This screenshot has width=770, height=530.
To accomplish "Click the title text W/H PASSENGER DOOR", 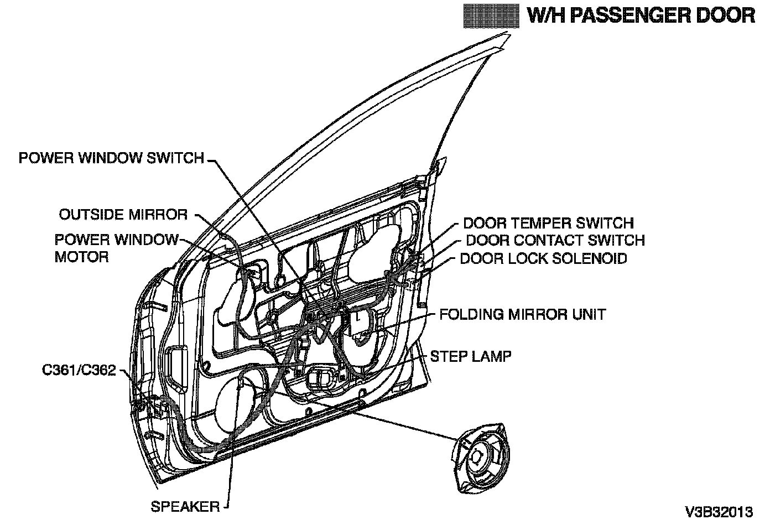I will click(641, 15).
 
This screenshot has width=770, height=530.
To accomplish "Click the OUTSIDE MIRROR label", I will click(123, 214).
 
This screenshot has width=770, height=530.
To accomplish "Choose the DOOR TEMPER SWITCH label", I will click(548, 223).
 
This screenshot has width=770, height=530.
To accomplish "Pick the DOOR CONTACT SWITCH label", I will click(555, 240).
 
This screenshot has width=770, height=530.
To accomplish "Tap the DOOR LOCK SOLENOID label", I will click(544, 258).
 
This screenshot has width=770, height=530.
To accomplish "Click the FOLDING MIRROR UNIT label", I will click(522, 314).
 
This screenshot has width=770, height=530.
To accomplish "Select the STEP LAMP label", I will click(471, 356).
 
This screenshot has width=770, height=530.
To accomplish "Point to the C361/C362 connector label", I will click(79, 370).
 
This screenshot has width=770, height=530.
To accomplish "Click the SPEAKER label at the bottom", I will click(185, 506).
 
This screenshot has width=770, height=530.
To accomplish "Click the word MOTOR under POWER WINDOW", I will click(81, 257).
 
